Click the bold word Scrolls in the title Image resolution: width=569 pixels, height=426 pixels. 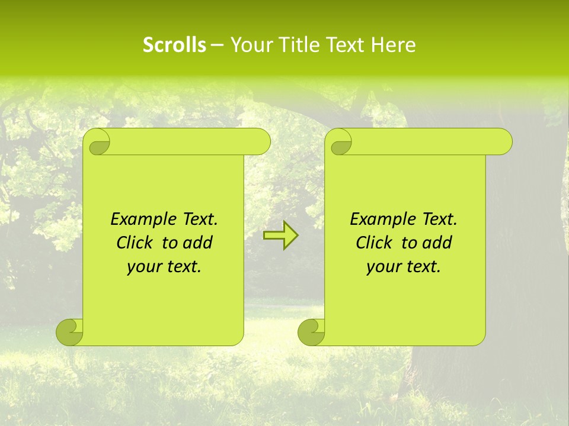pos(174,45)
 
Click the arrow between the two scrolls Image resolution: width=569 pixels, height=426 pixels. pos(280,235)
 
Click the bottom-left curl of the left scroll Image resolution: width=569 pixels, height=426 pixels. pos(70,332)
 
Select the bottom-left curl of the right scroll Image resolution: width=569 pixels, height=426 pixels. pos(312,332)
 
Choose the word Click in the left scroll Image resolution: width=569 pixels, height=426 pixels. pos(134,243)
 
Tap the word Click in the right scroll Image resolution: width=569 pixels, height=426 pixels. pos(373,243)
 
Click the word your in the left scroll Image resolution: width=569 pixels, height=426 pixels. pos(144,267)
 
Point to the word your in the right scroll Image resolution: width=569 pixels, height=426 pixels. pos(383,267)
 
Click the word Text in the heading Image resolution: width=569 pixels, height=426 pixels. pos(346,45)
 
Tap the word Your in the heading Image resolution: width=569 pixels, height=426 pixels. pos(249,45)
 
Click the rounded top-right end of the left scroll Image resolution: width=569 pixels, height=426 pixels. pos(261,142)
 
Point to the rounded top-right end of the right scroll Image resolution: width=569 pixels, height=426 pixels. pos(503,142)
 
